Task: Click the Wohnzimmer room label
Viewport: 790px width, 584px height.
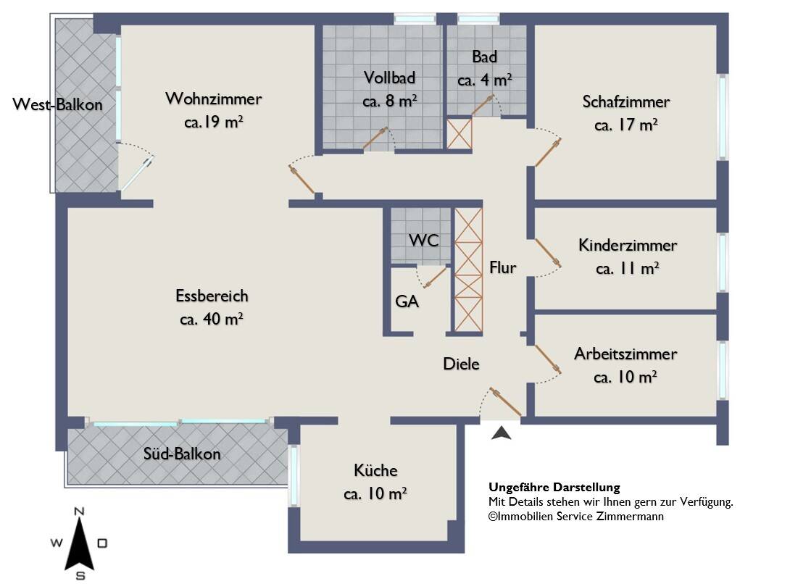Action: (x=214, y=99)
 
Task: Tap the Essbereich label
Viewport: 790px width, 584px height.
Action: (x=212, y=296)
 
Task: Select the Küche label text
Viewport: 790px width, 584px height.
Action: (x=375, y=470)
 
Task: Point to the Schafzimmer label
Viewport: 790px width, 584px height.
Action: (x=625, y=101)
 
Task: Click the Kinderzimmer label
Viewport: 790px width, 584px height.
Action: (x=627, y=246)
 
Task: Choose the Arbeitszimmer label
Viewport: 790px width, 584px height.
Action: (x=625, y=354)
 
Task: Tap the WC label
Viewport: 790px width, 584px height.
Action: (x=424, y=241)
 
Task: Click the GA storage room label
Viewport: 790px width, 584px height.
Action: (x=407, y=301)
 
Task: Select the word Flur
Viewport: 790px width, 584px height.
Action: (x=502, y=267)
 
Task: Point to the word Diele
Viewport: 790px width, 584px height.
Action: (x=461, y=364)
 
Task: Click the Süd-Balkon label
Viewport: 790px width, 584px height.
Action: (x=182, y=454)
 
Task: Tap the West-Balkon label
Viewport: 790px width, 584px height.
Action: (x=57, y=104)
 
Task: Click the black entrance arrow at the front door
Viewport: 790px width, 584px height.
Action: (x=501, y=433)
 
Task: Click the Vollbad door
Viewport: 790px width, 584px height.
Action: (x=375, y=138)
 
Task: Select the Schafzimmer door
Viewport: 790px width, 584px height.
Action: (x=548, y=152)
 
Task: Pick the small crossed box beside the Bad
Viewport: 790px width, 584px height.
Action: (x=460, y=133)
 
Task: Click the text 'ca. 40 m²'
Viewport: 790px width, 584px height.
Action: (x=212, y=319)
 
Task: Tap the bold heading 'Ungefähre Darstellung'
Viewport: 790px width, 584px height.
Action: (x=554, y=487)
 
